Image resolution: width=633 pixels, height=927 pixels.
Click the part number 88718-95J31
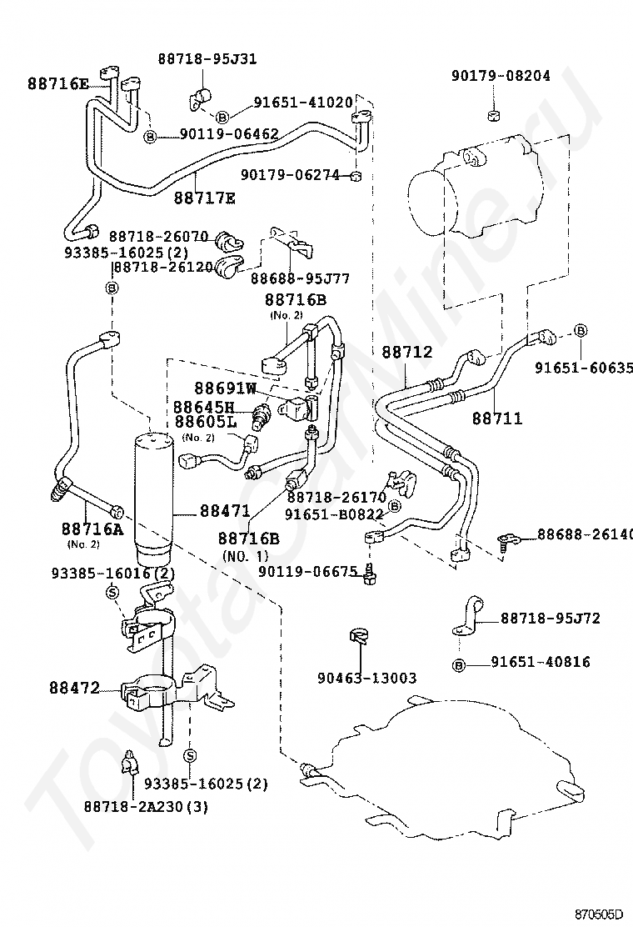point(207,58)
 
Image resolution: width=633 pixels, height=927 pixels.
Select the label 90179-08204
point(501,75)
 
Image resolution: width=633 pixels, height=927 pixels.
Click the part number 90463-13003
point(366,678)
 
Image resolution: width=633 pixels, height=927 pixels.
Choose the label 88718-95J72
point(551,619)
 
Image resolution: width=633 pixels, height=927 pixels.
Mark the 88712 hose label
point(406,352)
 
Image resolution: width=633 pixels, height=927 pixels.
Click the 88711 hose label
point(497,418)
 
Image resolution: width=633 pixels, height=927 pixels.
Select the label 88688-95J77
point(300,278)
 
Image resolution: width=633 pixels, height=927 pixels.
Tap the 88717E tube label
point(204,198)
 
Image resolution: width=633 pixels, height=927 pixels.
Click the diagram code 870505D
point(599,916)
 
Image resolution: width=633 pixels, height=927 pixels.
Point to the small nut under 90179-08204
point(494,114)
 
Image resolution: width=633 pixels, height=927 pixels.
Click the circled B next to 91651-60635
point(581,330)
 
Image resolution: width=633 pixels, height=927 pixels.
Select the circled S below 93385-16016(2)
point(112,592)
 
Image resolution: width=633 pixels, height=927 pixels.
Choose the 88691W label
point(226,388)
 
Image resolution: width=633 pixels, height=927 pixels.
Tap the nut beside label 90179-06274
point(355,176)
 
